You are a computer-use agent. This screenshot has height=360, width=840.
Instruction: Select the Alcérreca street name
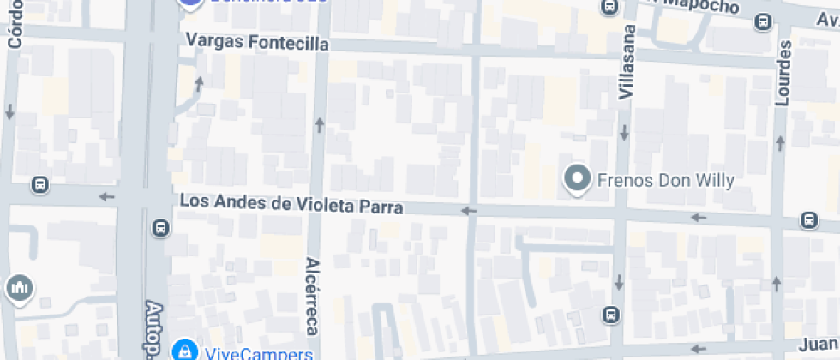[x=312, y=296]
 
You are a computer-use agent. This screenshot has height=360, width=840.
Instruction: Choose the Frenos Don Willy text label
[x=665, y=180]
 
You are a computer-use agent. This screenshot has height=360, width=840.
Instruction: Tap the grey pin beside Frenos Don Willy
[x=579, y=179]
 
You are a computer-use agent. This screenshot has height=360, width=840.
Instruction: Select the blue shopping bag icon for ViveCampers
[x=183, y=350]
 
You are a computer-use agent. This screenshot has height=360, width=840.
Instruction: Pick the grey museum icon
[x=18, y=289]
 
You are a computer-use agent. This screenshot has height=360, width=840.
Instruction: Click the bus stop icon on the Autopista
[x=159, y=228]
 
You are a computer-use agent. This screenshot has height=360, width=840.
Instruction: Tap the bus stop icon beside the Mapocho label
[x=609, y=7]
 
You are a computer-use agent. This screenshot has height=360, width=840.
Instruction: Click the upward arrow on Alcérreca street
[x=320, y=126]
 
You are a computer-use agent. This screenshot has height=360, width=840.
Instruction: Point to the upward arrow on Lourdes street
[x=777, y=283]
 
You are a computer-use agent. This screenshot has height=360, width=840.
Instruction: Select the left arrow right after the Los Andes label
[x=468, y=211]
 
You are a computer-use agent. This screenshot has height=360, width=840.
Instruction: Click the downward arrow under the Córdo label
[x=10, y=111]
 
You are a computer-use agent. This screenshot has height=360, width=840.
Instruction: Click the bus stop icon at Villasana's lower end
[x=610, y=315]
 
